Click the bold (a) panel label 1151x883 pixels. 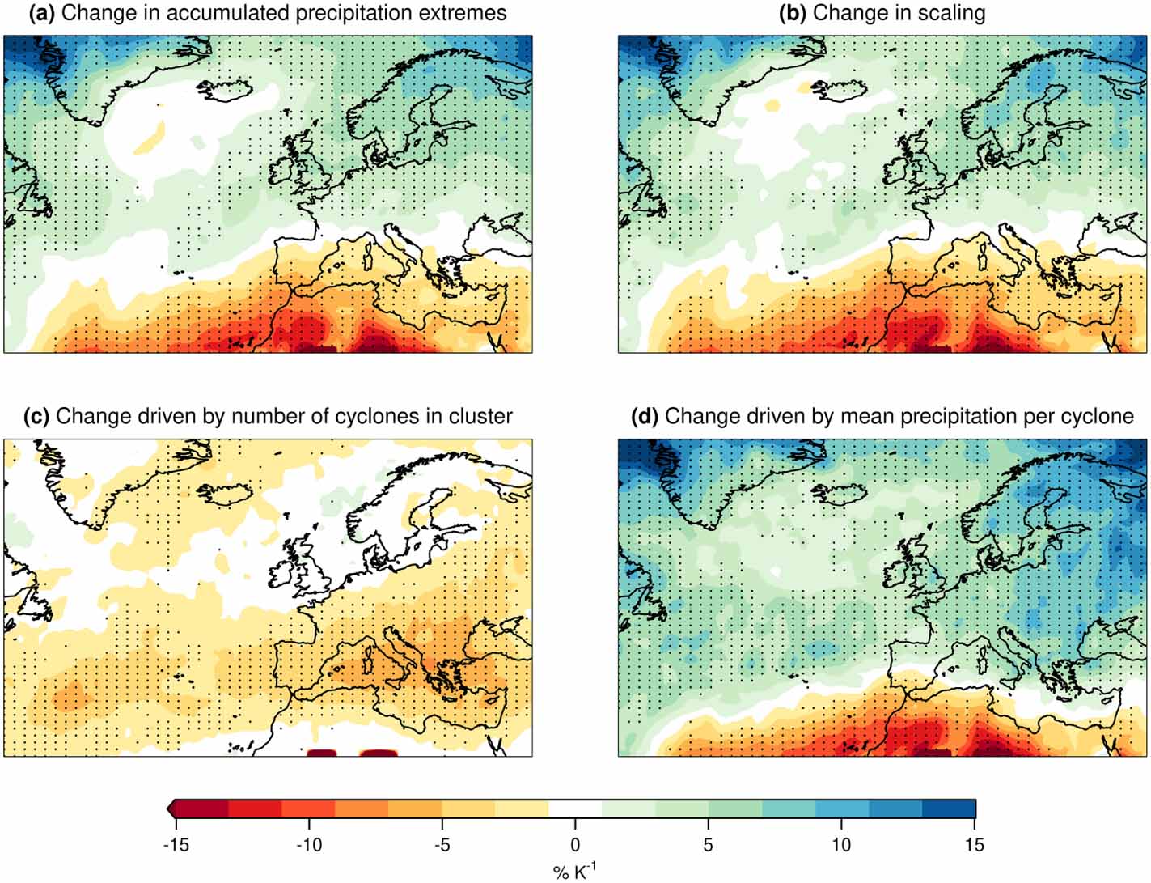pyautogui.click(x=42, y=13)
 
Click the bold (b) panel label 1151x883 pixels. pyautogui.click(x=793, y=13)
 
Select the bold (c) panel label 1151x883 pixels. pyautogui.click(x=37, y=416)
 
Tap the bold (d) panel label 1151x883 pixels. pyautogui.click(x=645, y=416)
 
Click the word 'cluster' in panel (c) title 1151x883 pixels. pyautogui.click(x=484, y=416)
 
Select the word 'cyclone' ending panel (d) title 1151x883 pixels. pyautogui.click(x=1100, y=416)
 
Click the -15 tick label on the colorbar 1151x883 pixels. pyautogui.click(x=176, y=845)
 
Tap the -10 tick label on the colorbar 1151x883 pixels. pyautogui.click(x=309, y=845)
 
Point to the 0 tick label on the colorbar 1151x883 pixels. pyautogui.click(x=576, y=845)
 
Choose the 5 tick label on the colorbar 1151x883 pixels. pyautogui.click(x=709, y=845)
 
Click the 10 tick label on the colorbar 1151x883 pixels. pyautogui.click(x=841, y=845)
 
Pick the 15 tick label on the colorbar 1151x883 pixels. pyautogui.click(x=975, y=845)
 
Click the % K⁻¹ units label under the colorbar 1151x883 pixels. pyautogui.click(x=575, y=871)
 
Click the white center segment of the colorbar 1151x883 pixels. pyautogui.click(x=575, y=809)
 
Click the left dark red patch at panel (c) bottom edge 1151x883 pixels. pyautogui.click(x=322, y=753)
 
